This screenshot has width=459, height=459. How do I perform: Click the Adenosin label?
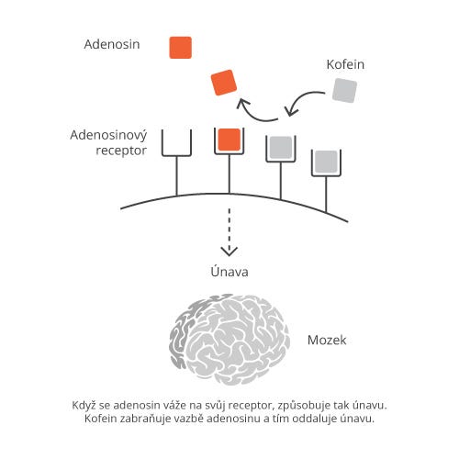112,44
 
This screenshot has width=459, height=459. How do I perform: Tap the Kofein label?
345,64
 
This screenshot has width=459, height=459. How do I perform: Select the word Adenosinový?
108,136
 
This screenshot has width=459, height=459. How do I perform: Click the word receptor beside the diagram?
121,151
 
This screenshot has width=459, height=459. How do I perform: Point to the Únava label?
229,271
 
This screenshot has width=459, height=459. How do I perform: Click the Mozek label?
327,341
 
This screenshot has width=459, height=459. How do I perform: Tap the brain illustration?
229,339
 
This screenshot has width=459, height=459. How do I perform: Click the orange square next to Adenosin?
181,48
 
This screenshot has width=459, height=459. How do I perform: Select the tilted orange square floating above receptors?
224,83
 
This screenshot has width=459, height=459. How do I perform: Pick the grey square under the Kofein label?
344,91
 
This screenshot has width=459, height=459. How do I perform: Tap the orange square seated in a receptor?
229,140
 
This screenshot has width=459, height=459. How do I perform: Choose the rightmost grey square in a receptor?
326,162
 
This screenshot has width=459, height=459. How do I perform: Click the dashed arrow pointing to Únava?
229,232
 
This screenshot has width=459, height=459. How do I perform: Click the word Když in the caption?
84,406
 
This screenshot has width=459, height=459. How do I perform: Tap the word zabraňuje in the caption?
145,419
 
